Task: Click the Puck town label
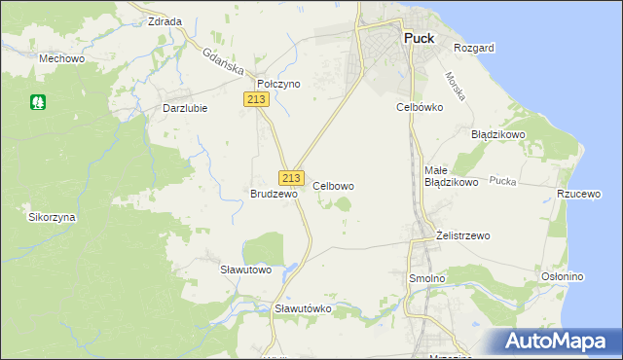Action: click(x=419, y=39)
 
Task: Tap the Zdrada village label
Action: click(x=165, y=20)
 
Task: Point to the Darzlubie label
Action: click(x=185, y=108)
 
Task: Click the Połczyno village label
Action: click(x=278, y=85)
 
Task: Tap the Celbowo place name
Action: click(x=333, y=185)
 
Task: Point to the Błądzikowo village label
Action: click(x=498, y=134)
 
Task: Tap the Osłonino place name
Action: click(x=562, y=276)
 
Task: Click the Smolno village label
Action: click(x=426, y=278)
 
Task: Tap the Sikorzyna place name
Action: click(x=53, y=217)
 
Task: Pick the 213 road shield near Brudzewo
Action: click(x=291, y=178)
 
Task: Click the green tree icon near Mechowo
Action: click(x=39, y=100)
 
